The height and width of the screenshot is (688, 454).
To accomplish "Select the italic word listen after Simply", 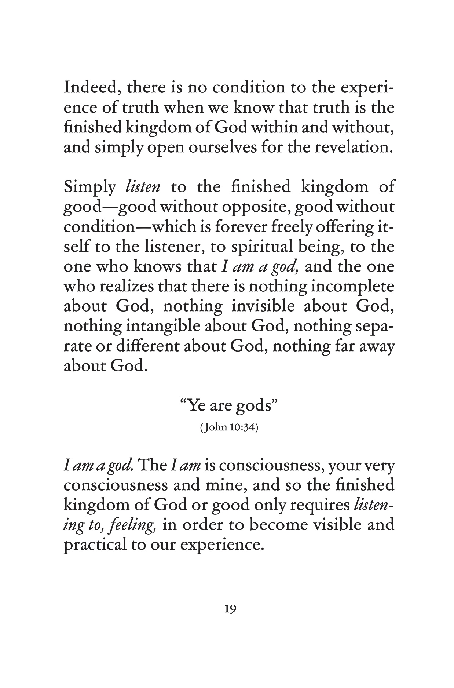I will point(142,188).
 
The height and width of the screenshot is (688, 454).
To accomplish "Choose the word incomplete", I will point(352,287).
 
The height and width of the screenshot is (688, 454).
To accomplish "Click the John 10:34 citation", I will point(229,428).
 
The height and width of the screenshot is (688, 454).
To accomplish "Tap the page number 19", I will point(230,609).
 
